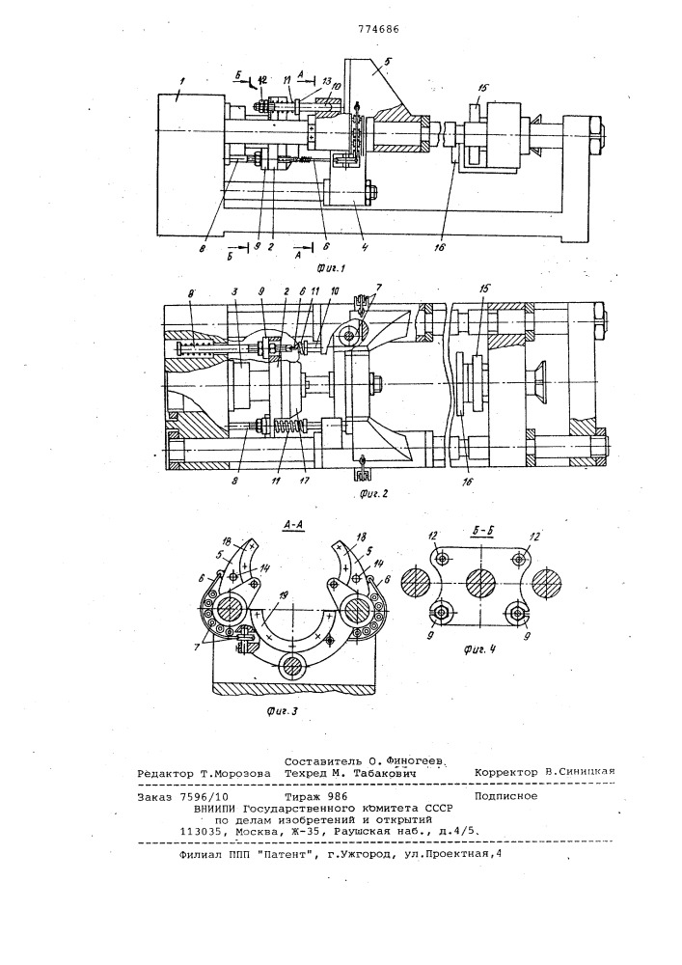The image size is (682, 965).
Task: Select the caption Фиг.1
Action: point(332,267)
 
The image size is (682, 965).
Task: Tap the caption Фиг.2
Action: point(372,493)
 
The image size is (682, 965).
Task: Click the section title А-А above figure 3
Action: point(294,525)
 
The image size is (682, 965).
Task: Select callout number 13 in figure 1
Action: point(327,82)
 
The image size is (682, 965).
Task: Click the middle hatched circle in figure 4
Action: point(480,582)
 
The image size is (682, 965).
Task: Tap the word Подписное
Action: point(505,796)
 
